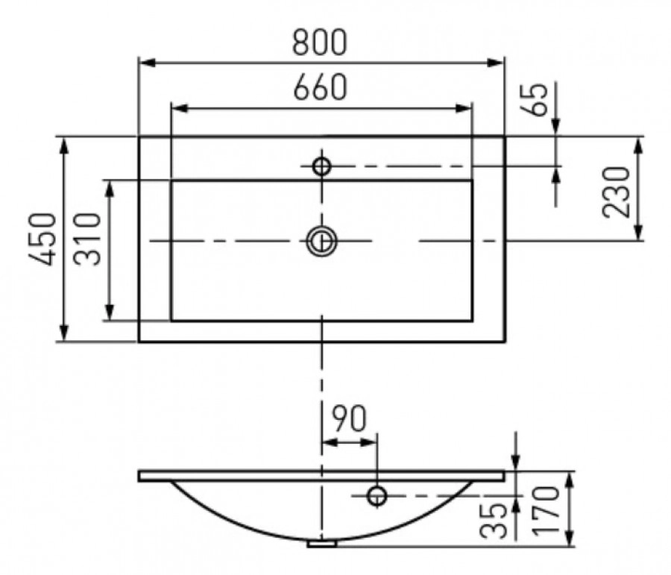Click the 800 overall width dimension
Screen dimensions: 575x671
(319, 43)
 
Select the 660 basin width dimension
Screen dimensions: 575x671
(319, 88)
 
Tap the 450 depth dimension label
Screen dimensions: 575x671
(43, 239)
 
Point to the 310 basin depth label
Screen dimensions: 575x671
(88, 239)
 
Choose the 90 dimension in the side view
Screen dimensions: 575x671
(349, 420)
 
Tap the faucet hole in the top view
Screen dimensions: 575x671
(321, 166)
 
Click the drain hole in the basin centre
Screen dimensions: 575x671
(321, 241)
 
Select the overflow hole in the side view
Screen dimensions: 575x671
(377, 495)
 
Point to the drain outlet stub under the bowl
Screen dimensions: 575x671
(321, 544)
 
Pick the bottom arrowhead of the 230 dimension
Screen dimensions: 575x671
(639, 235)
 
